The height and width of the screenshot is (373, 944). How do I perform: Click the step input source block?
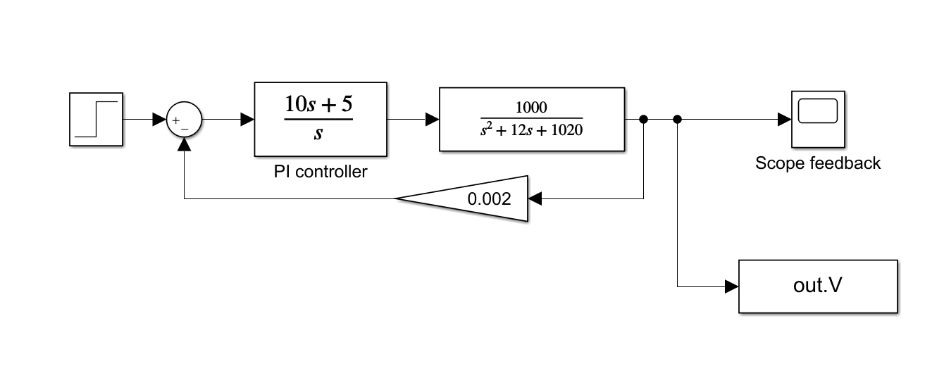click(97, 119)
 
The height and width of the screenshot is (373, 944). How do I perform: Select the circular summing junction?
click(184, 120)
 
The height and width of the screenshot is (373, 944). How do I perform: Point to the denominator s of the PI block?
click(318, 132)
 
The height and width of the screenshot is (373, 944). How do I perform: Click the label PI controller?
click(321, 172)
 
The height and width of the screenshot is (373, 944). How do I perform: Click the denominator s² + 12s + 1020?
click(531, 129)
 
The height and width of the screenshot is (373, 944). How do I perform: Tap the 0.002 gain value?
click(487, 199)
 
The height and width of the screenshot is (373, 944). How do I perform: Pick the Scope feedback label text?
click(818, 163)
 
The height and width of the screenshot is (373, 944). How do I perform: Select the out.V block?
click(818, 286)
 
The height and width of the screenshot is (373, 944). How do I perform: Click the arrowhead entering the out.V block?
click(731, 286)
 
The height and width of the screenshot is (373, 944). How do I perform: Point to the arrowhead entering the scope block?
click(784, 120)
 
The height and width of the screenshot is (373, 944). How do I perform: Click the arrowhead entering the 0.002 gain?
click(535, 199)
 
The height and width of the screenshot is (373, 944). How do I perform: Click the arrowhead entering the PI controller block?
click(247, 120)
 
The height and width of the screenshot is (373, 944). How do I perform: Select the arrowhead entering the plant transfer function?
click(433, 120)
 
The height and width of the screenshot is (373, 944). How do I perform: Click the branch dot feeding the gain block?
click(643, 120)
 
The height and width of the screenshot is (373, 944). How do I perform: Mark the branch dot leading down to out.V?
click(677, 120)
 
